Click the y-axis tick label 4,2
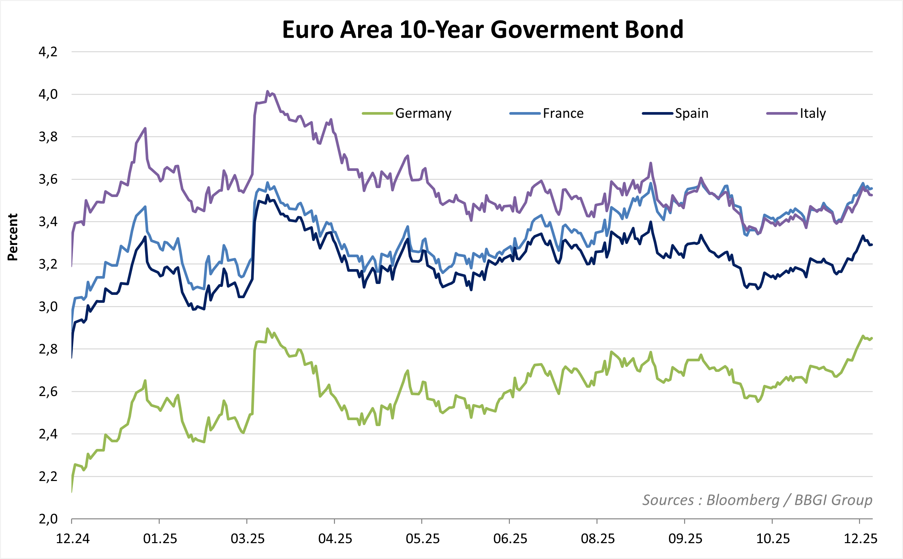pyautogui.click(x=48, y=52)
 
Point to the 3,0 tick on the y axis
pyautogui.click(x=48, y=306)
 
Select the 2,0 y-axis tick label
pyautogui.click(x=48, y=519)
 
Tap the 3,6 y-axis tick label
pyautogui.click(x=48, y=179)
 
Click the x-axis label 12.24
pyautogui.click(x=72, y=539)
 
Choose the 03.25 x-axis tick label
pyautogui.click(x=247, y=539)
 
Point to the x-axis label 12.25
pyautogui.click(x=860, y=539)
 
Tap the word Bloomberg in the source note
pyautogui.click(x=743, y=500)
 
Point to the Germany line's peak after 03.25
pyautogui.click(x=267, y=328)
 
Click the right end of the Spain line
pyautogui.click(x=872, y=244)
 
